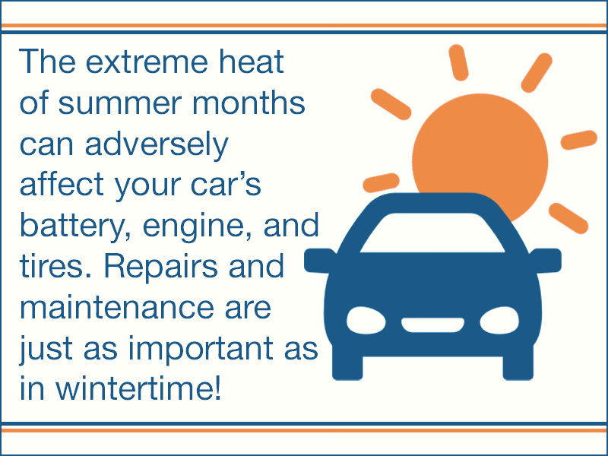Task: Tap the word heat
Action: point(252,61)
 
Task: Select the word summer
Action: point(120,103)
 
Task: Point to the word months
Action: point(249,103)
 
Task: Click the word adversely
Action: point(157,144)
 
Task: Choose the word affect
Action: point(62,184)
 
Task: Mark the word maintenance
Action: point(116,308)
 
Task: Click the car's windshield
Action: point(432,233)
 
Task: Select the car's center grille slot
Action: point(432,325)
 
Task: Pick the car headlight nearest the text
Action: point(366,321)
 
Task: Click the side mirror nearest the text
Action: point(318,261)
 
